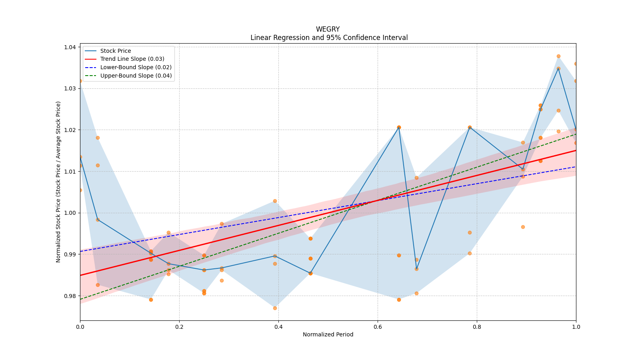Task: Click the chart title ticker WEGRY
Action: coord(328,29)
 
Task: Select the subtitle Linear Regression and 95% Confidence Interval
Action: coord(329,38)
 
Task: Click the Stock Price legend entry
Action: coord(116,51)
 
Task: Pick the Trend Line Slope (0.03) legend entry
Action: coord(132,59)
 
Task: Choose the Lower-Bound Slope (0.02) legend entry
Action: coord(136,67)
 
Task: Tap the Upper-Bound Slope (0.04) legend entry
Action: coord(136,76)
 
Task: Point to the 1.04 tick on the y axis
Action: coord(70,47)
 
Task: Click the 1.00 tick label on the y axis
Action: coord(70,213)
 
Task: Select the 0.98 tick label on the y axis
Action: coord(70,296)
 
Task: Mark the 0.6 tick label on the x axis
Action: coord(378,327)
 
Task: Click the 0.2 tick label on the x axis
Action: coord(179,327)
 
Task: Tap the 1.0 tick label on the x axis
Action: coord(576,327)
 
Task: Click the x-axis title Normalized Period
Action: coord(328,334)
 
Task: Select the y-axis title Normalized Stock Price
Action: coord(58,182)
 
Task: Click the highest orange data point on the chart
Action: coord(558,56)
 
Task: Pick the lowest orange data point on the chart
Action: coord(275,308)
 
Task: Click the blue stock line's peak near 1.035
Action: coord(558,68)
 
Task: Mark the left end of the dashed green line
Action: coord(80,299)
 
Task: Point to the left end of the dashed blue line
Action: coord(80,251)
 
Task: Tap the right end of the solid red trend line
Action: coord(576,150)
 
